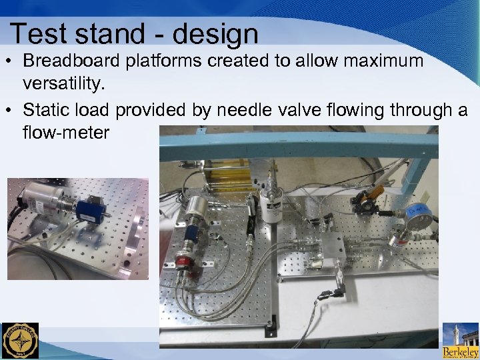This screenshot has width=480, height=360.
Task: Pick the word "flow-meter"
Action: (x=65, y=133)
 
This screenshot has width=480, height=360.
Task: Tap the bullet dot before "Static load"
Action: (x=12, y=109)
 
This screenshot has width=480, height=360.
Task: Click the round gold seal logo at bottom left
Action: (x=20, y=341)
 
